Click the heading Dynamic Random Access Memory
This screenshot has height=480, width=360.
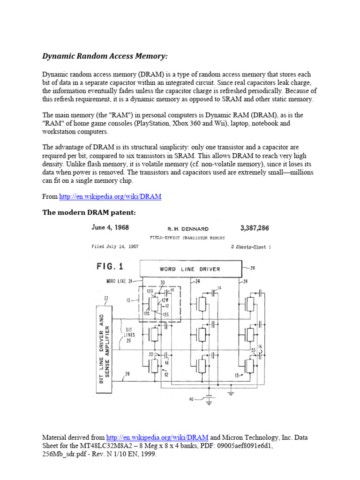click(x=105, y=56)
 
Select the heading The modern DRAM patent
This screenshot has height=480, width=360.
click(x=89, y=212)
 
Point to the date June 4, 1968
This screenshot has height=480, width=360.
click(x=110, y=228)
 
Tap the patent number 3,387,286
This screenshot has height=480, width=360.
click(x=255, y=228)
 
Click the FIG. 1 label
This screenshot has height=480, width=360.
click(x=110, y=266)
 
